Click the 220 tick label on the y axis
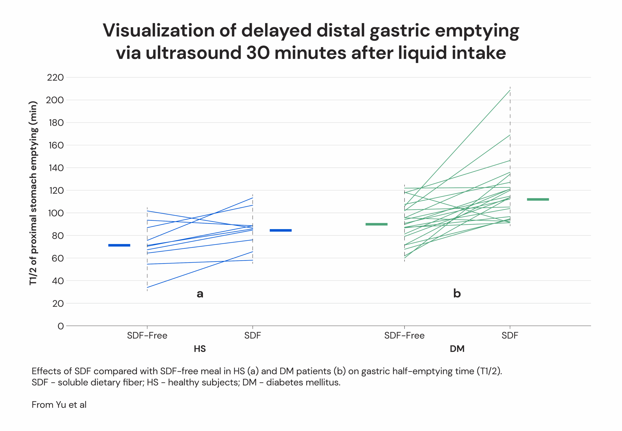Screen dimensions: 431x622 point(55,78)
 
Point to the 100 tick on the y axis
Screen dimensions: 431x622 point(56,213)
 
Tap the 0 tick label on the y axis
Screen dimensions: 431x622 point(60,326)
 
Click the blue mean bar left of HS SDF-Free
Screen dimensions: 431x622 point(119,245)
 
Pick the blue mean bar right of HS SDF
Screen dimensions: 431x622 point(281,230)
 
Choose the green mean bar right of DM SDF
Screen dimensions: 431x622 point(538,199)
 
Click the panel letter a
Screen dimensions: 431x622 point(200,293)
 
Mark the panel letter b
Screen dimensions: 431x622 point(457,293)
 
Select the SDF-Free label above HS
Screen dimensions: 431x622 point(147,336)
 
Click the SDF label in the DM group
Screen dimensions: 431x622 point(510,336)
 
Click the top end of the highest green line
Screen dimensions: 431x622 point(510,90)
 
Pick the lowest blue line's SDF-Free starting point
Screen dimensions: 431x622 point(147,287)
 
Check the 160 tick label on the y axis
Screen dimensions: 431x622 point(56,145)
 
